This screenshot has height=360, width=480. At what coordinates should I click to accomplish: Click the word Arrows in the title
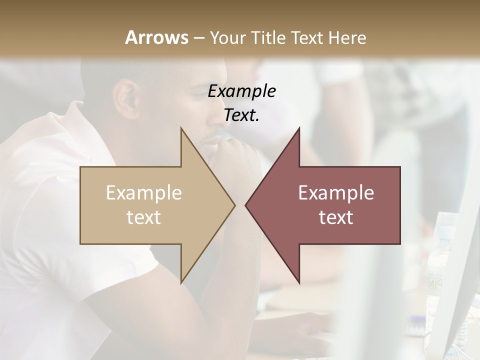coord(156,37)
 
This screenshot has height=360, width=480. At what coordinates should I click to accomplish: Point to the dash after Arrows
coord(198,38)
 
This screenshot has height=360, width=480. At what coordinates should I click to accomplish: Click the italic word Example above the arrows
coord(242,91)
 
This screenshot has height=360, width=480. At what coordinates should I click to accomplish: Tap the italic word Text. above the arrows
coord(242,115)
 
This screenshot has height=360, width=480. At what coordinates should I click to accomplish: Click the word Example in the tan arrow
coord(144,193)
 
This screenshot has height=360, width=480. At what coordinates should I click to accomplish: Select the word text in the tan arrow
coord(144,217)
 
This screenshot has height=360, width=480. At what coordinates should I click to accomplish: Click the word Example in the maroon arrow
coord(336,193)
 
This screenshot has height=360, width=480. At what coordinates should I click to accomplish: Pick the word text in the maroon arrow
coord(336,217)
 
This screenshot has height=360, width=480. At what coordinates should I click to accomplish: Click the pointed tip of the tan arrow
coord(233,205)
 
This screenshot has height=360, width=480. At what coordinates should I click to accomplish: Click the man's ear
coord(125,95)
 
